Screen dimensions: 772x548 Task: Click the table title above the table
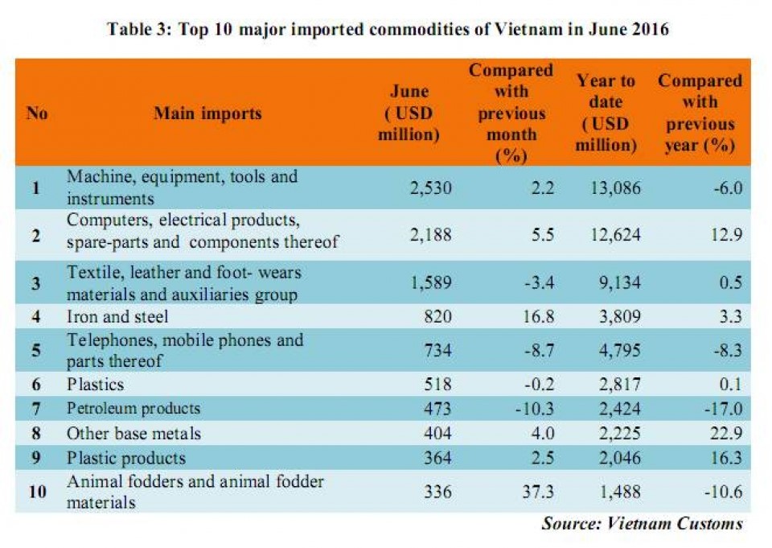point(388,29)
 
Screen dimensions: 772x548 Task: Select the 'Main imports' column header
point(207,113)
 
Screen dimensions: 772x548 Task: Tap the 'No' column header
point(37,113)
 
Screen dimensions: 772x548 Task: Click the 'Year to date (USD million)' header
point(606,113)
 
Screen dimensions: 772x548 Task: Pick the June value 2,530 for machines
point(431,187)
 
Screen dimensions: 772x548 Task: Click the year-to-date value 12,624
point(616,235)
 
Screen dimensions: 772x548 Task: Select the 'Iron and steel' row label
point(117,316)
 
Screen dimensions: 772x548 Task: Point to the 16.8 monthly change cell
point(538,316)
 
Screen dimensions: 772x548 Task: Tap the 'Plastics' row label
point(95,384)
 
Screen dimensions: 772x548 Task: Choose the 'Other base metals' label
point(134,433)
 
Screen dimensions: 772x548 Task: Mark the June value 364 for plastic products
point(437,458)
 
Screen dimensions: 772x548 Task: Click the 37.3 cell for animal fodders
point(538,492)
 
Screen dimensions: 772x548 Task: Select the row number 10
point(38,492)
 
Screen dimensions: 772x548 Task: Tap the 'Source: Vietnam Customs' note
point(642,523)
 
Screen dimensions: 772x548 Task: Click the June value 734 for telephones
point(437,350)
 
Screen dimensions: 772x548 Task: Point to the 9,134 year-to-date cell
point(620,282)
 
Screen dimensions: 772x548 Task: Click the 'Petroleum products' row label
point(133,409)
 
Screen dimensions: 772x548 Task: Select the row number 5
point(36,350)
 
